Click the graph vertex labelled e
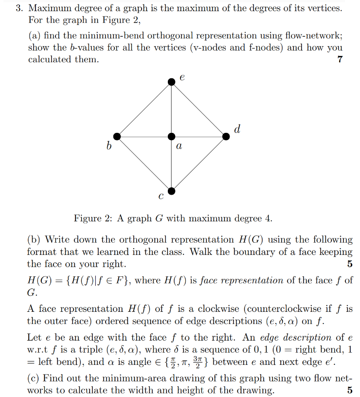[171, 82]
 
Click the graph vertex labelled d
[226, 137]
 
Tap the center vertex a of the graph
[171, 137]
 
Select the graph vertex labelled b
[116, 137]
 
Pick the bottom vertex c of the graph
[171, 191]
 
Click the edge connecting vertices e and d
[198, 109]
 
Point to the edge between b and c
[144, 164]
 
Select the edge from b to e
[144, 109]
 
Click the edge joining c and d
[198, 164]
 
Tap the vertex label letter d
[237, 129]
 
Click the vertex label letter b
[109, 146]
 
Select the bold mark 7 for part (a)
[340, 59]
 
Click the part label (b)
[34, 239]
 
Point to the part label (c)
[34, 378]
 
